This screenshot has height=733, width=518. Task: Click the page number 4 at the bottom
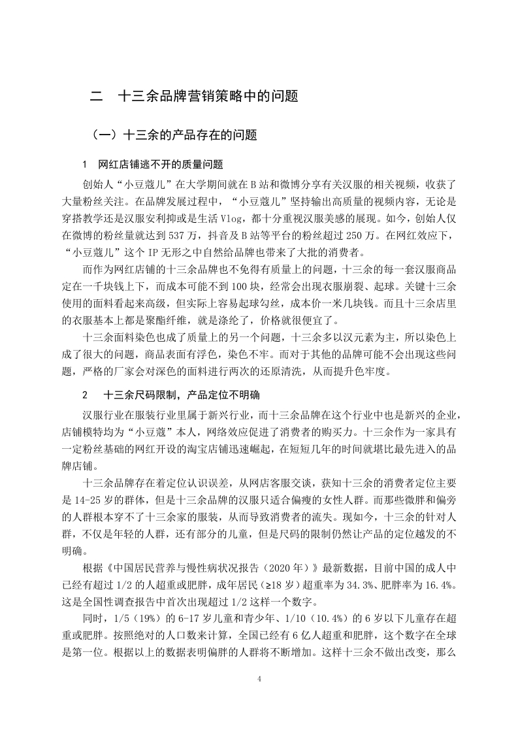tap(259, 679)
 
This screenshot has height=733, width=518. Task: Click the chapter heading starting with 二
tap(194, 97)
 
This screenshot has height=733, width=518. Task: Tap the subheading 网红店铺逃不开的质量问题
tap(160, 163)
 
